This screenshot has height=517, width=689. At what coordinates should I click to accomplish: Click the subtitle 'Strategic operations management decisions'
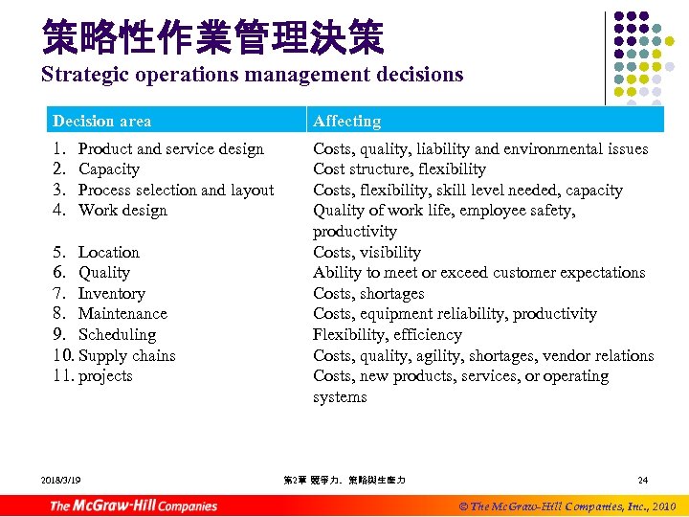pyautogui.click(x=252, y=74)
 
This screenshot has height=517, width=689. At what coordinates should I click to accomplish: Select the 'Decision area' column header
pyautogui.click(x=101, y=121)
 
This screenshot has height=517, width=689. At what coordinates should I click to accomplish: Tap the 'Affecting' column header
pyautogui.click(x=346, y=121)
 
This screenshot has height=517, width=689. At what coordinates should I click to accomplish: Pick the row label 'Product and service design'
pyautogui.click(x=170, y=148)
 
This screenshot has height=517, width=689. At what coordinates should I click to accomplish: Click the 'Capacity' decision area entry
pyautogui.click(x=108, y=169)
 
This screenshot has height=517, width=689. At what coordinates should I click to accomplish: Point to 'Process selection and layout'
pyautogui.click(x=175, y=190)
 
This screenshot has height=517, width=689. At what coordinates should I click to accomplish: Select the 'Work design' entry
pyautogui.click(x=122, y=211)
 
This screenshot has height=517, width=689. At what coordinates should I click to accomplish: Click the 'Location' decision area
pyautogui.click(x=108, y=252)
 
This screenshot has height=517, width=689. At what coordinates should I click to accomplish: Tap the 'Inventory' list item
pyautogui.click(x=111, y=294)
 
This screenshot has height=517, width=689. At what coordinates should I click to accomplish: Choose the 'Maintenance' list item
pyautogui.click(x=122, y=314)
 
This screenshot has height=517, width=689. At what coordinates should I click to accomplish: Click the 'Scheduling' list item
pyautogui.click(x=116, y=335)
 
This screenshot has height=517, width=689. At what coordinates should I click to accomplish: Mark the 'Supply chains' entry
pyautogui.click(x=126, y=355)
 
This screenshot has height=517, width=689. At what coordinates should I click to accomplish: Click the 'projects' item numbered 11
pyautogui.click(x=105, y=376)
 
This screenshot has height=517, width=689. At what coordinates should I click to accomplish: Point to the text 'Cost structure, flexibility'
pyautogui.click(x=399, y=169)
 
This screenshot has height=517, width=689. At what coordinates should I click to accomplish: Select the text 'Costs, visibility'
pyautogui.click(x=367, y=252)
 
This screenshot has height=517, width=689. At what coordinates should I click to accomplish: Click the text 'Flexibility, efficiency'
pyautogui.click(x=387, y=335)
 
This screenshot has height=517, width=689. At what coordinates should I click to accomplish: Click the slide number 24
pyautogui.click(x=643, y=479)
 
